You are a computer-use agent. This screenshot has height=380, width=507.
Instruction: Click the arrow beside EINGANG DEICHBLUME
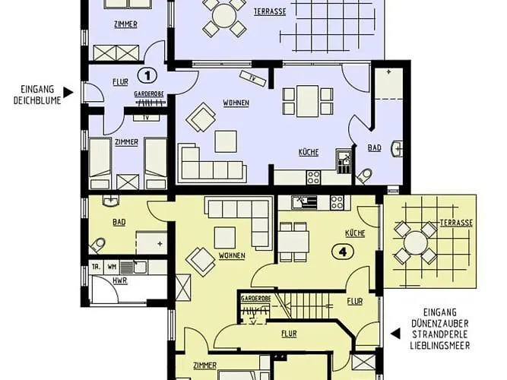(x=68, y=93)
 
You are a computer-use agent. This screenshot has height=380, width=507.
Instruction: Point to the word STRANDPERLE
(x=442, y=334)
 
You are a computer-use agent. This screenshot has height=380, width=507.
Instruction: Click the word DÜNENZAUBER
(x=442, y=322)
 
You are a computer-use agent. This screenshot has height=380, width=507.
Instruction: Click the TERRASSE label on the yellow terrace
(x=456, y=223)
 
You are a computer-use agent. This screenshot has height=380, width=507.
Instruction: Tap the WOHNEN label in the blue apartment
(x=236, y=103)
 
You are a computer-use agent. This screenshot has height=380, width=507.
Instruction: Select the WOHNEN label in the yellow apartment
(x=230, y=255)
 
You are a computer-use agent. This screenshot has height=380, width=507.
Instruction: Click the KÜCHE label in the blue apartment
(x=308, y=153)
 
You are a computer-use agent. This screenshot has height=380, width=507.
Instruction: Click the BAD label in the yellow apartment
(x=119, y=223)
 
